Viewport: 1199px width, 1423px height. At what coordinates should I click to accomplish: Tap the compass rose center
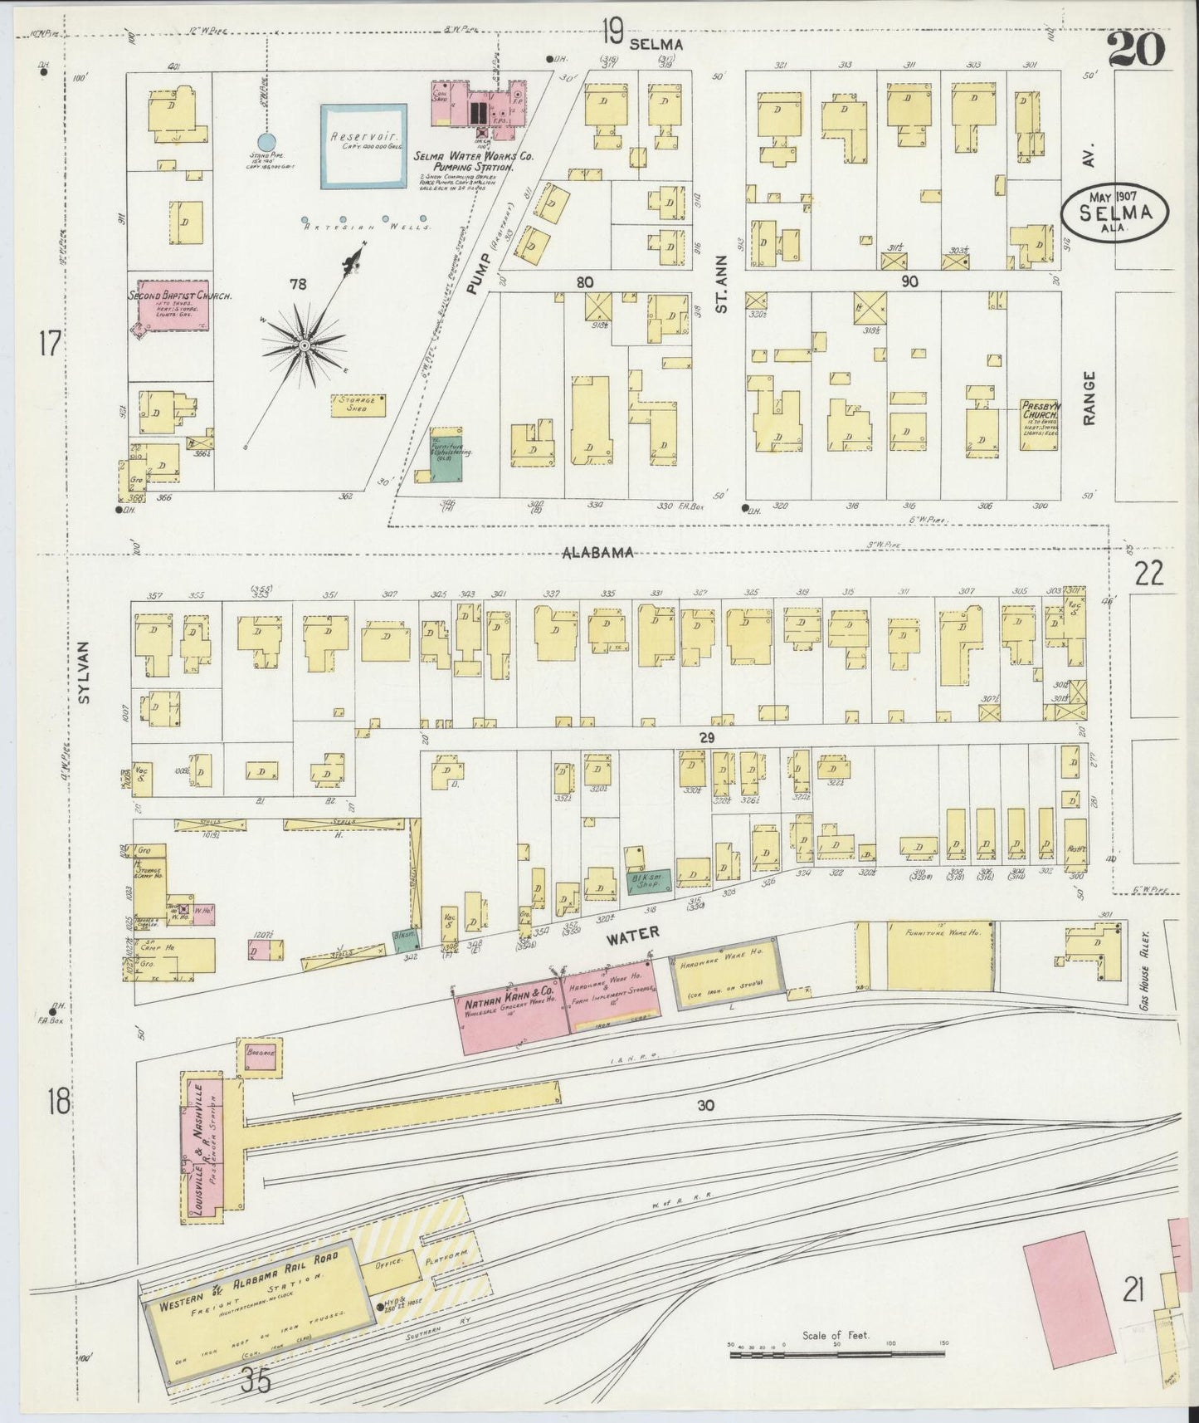click(305, 345)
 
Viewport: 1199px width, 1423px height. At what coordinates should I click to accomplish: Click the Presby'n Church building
click(1039, 425)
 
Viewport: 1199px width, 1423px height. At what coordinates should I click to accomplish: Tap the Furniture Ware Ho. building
click(928, 955)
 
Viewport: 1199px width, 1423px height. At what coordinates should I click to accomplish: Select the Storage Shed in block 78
click(358, 404)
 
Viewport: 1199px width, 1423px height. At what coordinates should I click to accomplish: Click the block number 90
click(909, 282)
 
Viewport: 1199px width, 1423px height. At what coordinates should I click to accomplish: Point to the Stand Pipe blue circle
click(266, 141)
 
